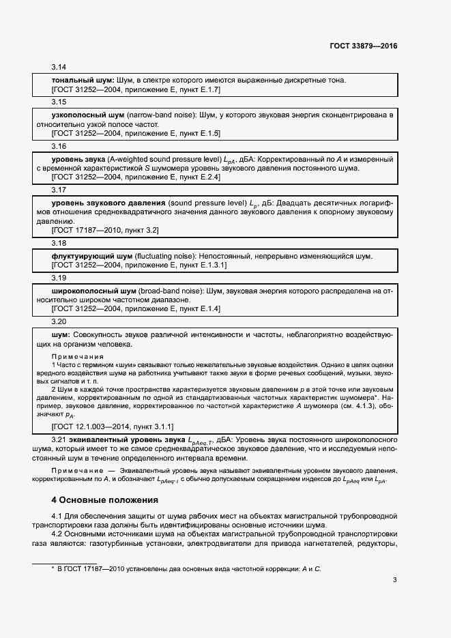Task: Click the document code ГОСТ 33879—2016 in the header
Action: click(x=362, y=47)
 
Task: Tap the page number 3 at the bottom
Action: click(x=394, y=580)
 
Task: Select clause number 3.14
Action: click(x=59, y=68)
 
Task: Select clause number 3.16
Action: click(x=59, y=146)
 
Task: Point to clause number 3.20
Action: click(x=59, y=321)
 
